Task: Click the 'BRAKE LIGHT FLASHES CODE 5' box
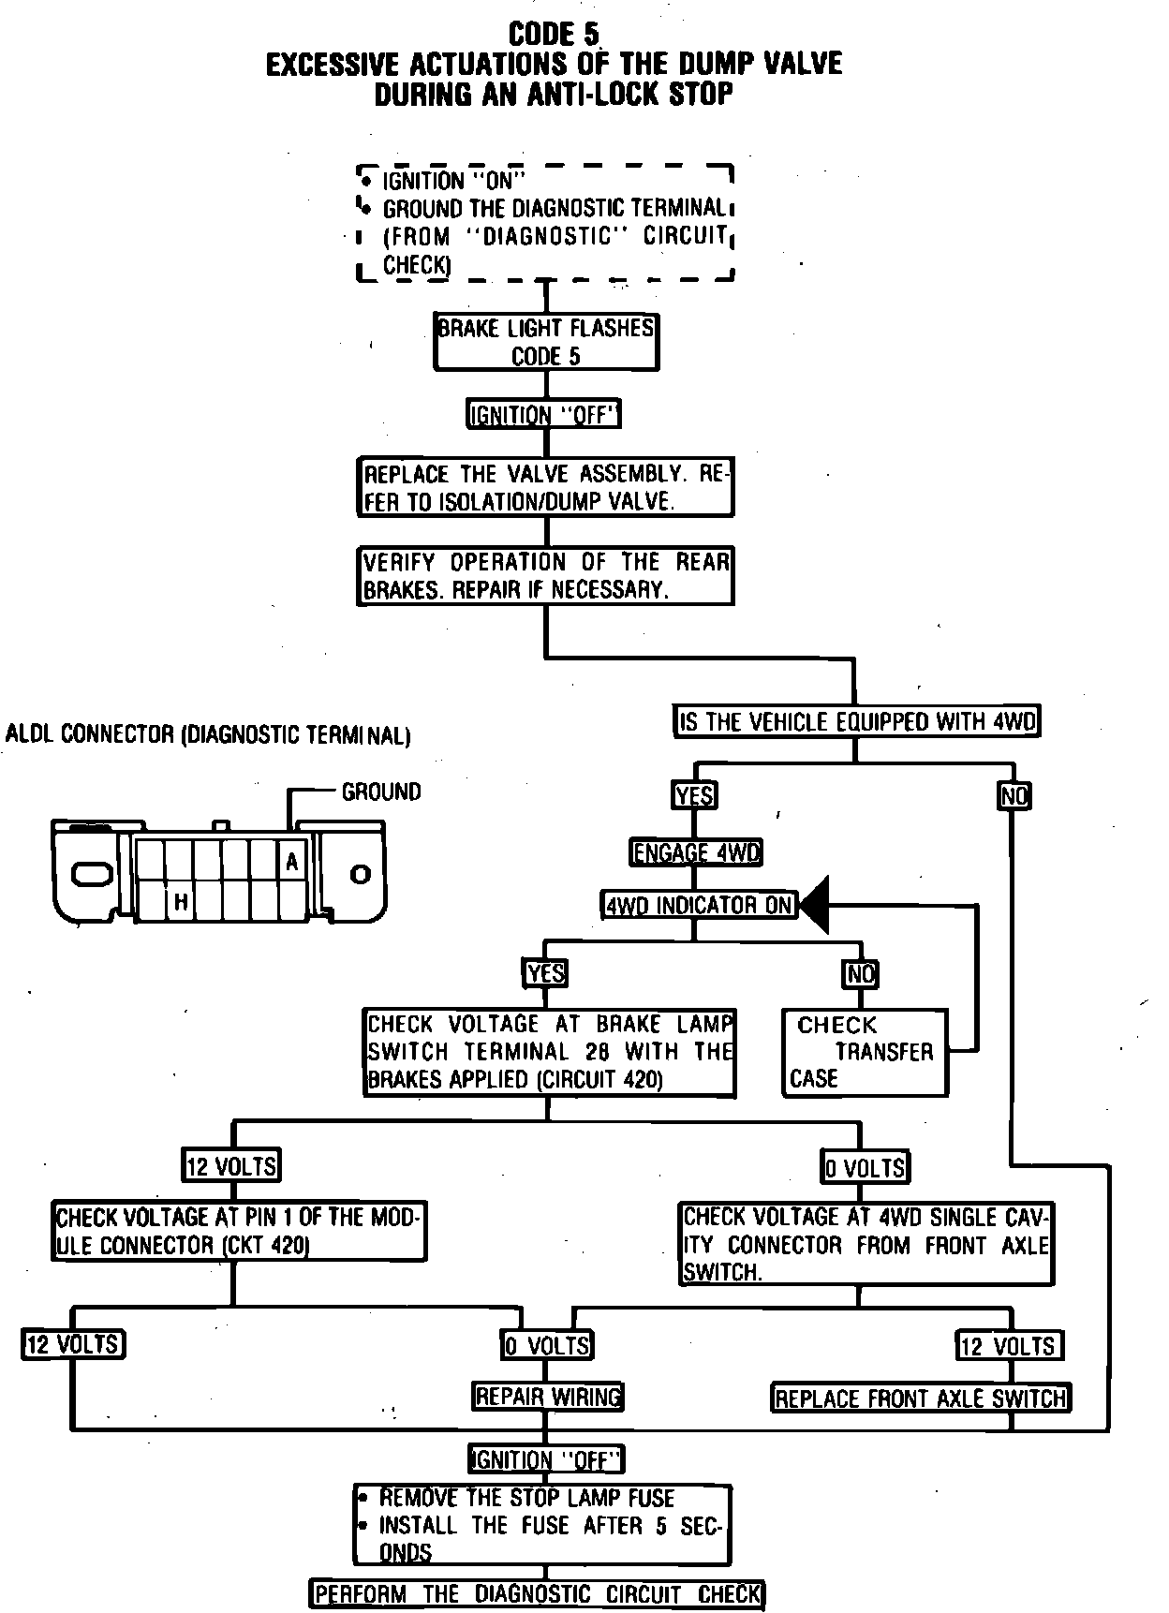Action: (x=546, y=342)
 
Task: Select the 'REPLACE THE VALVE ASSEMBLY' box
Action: (x=545, y=487)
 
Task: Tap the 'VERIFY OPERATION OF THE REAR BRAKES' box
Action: (x=546, y=575)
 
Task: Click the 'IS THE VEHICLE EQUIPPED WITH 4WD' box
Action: (x=857, y=721)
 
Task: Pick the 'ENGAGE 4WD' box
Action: (x=695, y=852)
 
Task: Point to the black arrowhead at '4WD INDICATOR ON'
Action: (x=814, y=905)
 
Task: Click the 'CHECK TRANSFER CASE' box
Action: (x=865, y=1052)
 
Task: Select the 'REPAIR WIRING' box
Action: (x=548, y=1397)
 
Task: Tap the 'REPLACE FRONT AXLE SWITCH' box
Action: (x=921, y=1398)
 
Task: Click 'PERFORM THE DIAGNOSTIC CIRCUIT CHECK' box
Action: (x=538, y=1594)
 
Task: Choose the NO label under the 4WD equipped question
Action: (x=1014, y=796)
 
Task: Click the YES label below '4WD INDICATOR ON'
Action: (x=545, y=973)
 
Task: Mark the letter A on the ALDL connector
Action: (x=292, y=862)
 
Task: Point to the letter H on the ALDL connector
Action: (x=181, y=903)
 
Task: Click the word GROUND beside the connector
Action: (x=381, y=792)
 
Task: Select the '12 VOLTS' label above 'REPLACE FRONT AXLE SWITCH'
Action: (x=1009, y=1346)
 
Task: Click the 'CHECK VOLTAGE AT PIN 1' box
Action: (x=239, y=1231)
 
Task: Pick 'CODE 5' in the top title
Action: (x=554, y=35)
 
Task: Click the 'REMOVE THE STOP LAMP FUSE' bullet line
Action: (x=526, y=1499)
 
